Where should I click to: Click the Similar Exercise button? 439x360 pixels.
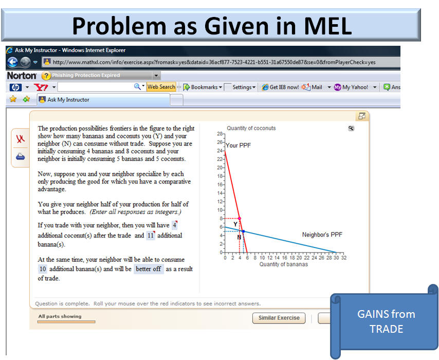click(279, 318)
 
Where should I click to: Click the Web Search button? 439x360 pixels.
click(161, 87)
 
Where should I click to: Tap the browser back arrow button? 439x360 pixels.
click(12, 62)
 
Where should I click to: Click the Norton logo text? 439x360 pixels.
click(22, 76)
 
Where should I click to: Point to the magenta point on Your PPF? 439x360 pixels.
click(240, 219)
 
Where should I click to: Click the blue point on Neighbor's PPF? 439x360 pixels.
click(244, 231)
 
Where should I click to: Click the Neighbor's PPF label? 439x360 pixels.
click(322, 235)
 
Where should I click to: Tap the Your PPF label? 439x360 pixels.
click(238, 146)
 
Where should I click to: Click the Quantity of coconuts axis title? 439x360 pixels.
click(251, 128)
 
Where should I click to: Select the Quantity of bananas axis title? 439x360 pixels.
click(284, 264)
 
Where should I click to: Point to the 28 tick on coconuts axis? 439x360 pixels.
click(220, 134)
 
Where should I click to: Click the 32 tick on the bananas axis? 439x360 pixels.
click(344, 258)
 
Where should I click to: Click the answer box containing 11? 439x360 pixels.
click(151, 236)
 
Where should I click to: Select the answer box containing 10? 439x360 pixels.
click(43, 269)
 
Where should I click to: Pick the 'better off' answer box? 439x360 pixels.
click(149, 269)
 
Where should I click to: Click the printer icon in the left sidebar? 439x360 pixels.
click(20, 156)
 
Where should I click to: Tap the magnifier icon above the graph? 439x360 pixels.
click(351, 128)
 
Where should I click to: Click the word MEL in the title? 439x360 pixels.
click(327, 26)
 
